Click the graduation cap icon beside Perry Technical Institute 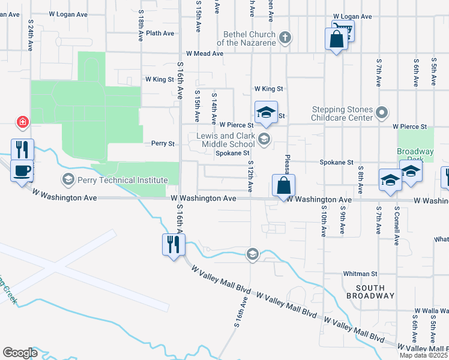(x=68, y=179)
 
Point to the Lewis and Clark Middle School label (x=226, y=140)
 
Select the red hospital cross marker (x=23, y=122)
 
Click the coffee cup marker (x=22, y=171)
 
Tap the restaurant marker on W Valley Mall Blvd (x=173, y=244)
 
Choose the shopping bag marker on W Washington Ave (x=283, y=185)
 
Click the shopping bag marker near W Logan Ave (x=336, y=40)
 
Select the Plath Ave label (x=160, y=34)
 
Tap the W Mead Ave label (x=204, y=53)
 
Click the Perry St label (x=163, y=143)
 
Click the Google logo (x=20, y=353)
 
